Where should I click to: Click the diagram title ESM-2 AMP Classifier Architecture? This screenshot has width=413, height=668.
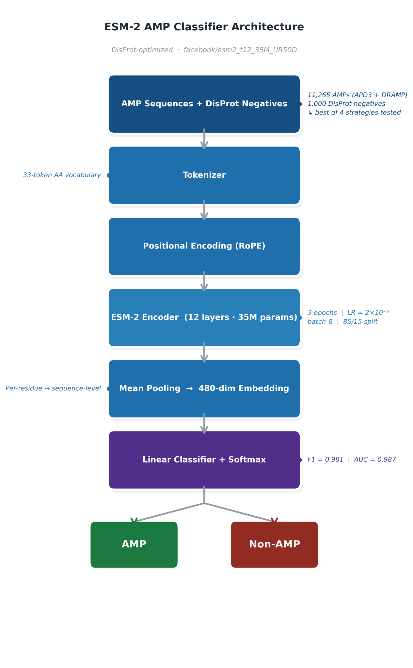204,27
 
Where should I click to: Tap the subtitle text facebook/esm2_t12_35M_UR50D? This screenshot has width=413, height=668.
240,50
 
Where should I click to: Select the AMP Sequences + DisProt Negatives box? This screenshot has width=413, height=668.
204,104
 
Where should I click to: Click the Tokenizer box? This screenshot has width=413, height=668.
204,175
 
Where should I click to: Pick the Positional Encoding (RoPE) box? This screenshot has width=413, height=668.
204,246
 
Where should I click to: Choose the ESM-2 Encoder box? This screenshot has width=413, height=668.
204,317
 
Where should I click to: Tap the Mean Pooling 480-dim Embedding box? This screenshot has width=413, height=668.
204,388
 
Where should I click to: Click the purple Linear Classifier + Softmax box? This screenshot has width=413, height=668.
204,460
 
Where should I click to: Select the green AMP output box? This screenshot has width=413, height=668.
134,544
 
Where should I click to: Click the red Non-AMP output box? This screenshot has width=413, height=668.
274,544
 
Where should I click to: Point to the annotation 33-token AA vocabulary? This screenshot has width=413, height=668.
62,175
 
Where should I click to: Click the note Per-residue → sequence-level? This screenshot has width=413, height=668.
53,388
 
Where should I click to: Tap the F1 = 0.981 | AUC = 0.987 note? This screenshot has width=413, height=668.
352,460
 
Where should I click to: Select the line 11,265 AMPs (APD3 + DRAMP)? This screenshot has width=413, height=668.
357,95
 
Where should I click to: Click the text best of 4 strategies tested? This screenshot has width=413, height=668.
358,113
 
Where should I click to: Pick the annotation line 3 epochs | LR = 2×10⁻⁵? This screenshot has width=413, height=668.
348,313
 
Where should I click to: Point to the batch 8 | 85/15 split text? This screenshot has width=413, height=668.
342,322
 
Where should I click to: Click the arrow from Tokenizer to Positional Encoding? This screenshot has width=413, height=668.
204,210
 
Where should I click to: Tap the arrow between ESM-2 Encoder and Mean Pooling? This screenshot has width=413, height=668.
204,352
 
